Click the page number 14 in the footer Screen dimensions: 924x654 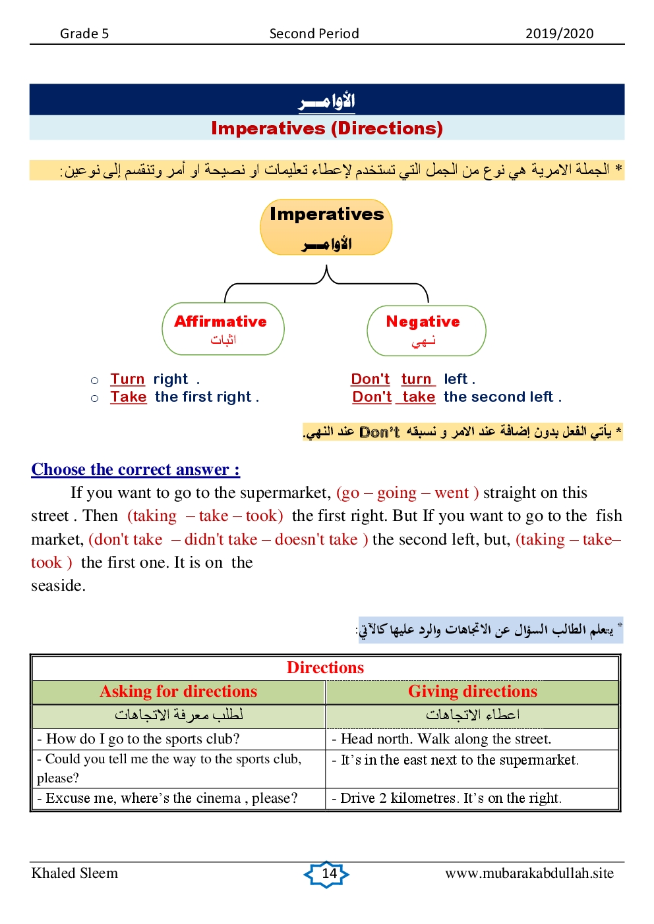tap(327, 874)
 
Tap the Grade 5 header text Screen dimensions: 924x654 tap(84, 34)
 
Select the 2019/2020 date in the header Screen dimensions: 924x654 tap(559, 34)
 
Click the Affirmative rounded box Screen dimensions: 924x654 tap(223, 329)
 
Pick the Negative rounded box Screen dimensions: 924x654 tap(426, 330)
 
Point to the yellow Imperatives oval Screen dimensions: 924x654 tap(326, 227)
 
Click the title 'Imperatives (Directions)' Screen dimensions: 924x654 tap(327, 128)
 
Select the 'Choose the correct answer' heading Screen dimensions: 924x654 tap(135, 470)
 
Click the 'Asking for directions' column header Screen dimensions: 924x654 tap(179, 692)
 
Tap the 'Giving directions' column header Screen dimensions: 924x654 tap(472, 692)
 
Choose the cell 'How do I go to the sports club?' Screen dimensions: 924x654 tap(138, 739)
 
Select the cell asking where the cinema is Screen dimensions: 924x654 tap(168, 798)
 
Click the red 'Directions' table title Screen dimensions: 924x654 tap(325, 668)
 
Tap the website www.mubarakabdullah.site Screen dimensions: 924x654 tap(529, 873)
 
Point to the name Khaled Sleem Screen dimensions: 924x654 tap(74, 873)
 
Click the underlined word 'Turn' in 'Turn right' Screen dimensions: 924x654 tap(127, 379)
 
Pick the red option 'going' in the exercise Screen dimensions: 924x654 tap(396, 493)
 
